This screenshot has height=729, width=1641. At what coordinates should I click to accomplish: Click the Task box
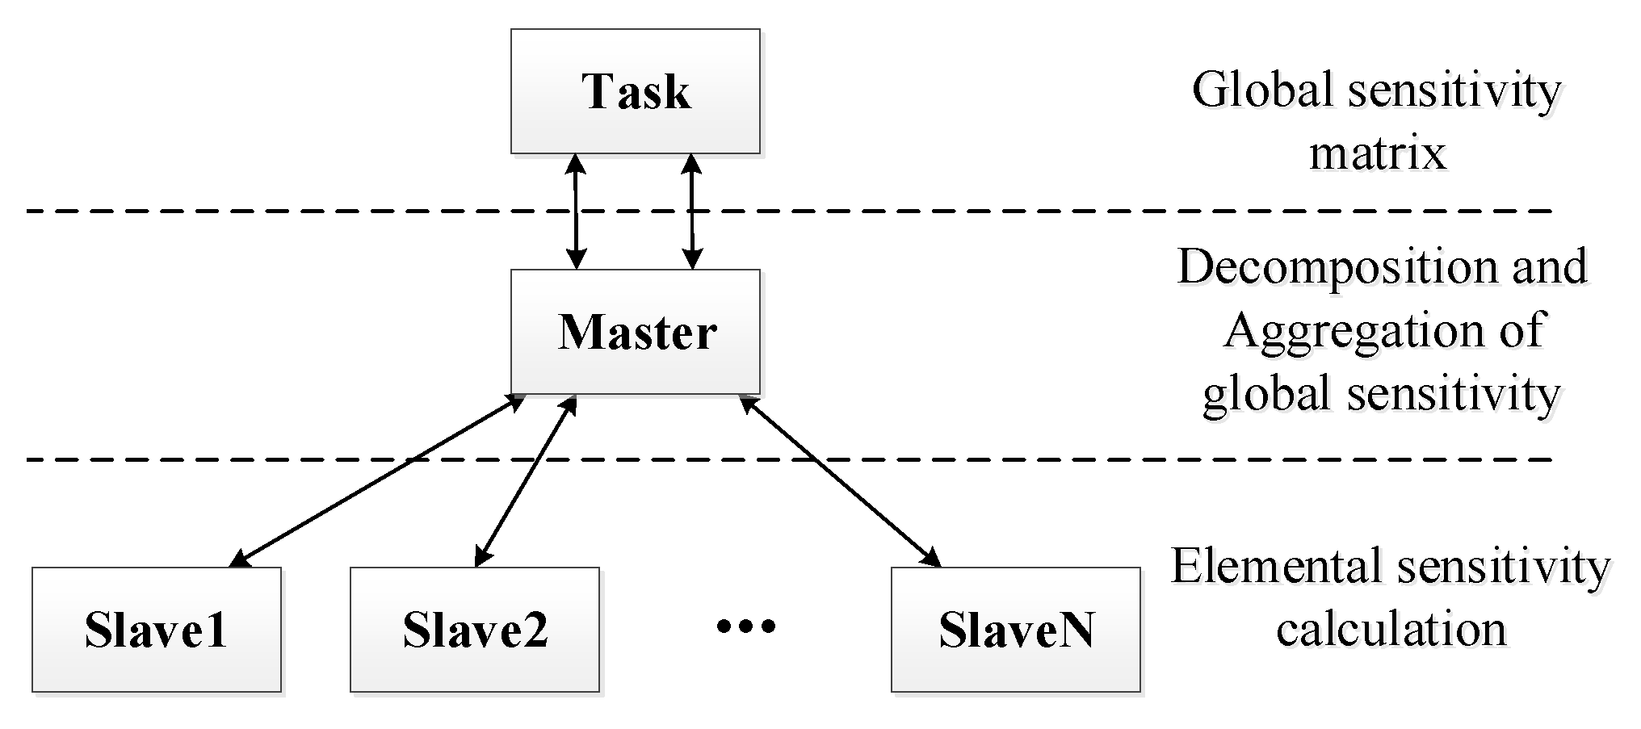tap(635, 91)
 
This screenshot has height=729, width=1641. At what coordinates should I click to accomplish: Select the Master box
tap(635, 332)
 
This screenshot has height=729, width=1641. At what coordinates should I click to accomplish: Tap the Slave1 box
tap(157, 630)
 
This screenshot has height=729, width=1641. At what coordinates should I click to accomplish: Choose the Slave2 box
tap(475, 630)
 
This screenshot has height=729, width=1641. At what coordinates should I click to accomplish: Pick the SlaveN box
tap(1015, 630)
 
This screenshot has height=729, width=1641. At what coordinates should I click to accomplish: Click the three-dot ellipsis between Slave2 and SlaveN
tap(746, 626)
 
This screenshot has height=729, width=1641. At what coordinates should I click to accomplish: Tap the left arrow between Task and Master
tap(575, 212)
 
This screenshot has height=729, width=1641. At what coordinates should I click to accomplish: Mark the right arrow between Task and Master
tap(691, 212)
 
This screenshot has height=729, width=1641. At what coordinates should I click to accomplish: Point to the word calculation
tap(1391, 630)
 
